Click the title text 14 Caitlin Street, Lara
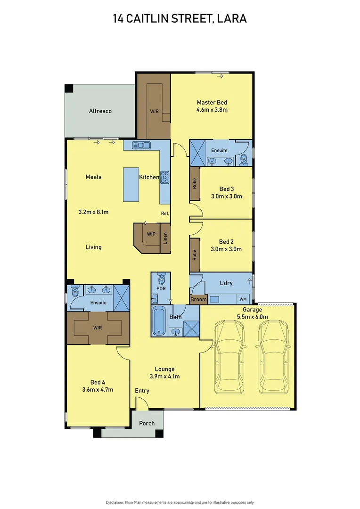(180, 19)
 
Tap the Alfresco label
(100, 111)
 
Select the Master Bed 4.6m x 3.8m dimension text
(212, 110)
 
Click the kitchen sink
(141, 145)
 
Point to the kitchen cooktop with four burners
(165, 177)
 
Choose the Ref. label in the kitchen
(165, 213)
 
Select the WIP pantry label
(151, 234)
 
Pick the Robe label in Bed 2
(195, 255)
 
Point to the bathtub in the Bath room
(158, 321)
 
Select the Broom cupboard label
(198, 300)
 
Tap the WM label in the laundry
(243, 299)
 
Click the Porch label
(147, 423)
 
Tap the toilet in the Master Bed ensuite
(243, 159)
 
